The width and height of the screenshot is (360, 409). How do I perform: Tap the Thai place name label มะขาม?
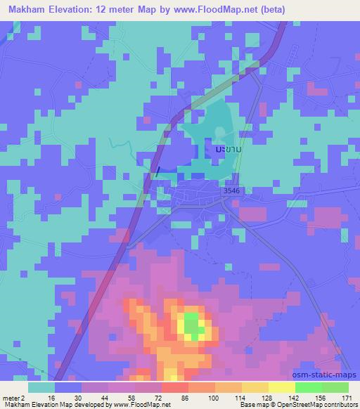(227, 150)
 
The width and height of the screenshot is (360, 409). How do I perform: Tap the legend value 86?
(183, 398)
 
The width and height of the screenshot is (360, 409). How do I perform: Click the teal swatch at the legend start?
(41, 387)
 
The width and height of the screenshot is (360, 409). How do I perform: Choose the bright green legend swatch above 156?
(309, 387)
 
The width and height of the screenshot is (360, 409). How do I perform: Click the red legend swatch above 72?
(175, 387)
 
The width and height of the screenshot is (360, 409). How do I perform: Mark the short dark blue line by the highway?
(157, 170)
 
